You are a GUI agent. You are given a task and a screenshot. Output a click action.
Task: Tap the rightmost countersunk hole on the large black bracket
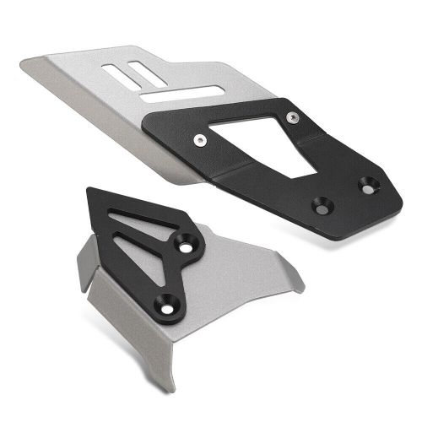click(369, 181)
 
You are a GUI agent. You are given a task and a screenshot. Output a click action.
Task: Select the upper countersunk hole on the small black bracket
click(183, 246)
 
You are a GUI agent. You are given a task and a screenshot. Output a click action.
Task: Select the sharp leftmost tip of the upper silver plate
click(23, 61)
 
